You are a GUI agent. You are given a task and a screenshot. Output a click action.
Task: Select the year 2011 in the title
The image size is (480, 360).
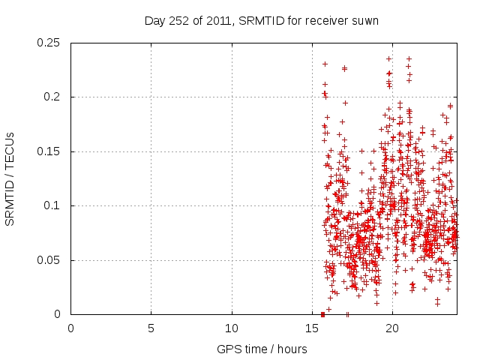pos(216,21)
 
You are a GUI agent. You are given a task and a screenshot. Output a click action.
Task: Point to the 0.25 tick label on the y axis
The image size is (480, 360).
pos(50,43)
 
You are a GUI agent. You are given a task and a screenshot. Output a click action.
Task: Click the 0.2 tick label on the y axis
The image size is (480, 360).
pos(53,97)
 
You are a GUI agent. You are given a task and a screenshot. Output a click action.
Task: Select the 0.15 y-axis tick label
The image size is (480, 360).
pos(50,151)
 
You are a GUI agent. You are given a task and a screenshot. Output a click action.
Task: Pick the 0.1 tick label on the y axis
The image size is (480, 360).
pos(53,206)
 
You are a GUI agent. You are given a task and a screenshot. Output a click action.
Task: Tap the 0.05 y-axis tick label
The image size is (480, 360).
pos(50,260)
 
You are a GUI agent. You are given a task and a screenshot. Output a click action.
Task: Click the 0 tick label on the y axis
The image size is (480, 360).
pos(60,315)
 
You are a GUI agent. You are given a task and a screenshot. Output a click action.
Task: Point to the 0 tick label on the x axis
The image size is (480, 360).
pos(70,328)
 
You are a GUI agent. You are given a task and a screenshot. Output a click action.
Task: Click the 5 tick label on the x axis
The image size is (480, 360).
pos(151,328)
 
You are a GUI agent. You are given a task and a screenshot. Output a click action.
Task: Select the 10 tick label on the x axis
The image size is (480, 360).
pos(232,328)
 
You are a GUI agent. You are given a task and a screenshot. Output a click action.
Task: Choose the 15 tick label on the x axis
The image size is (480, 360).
pos(312,328)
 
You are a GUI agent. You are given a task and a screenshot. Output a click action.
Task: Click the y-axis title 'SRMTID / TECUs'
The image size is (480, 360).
pos(10,178)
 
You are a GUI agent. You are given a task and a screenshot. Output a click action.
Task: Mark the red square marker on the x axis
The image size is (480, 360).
pos(322,314)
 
